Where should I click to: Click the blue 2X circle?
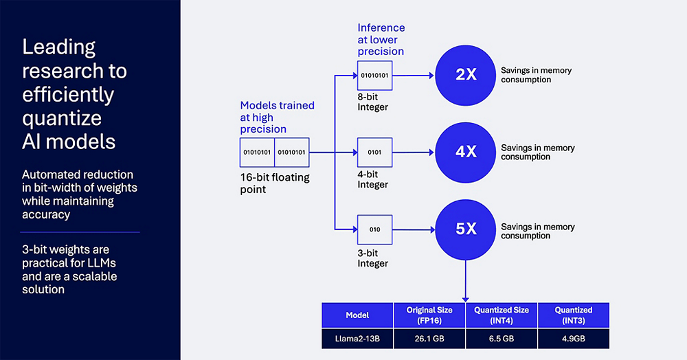tap(466, 74)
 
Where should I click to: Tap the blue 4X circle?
tap(466, 152)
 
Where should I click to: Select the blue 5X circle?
tap(466, 229)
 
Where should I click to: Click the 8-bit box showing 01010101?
tap(374, 75)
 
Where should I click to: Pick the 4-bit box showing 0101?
tap(374, 153)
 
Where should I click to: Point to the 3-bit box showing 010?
tap(374, 229)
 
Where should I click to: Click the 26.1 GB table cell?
tap(429, 338)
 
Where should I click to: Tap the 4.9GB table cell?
tap(574, 338)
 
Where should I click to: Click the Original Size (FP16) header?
tap(429, 315)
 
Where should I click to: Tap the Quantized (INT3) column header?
tap(574, 315)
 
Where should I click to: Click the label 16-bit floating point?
tap(274, 183)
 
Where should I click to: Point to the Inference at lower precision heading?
tap(381, 40)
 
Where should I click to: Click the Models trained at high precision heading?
tap(277, 117)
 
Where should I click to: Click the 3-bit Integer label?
tap(372, 258)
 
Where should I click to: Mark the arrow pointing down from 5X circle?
tap(466, 282)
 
